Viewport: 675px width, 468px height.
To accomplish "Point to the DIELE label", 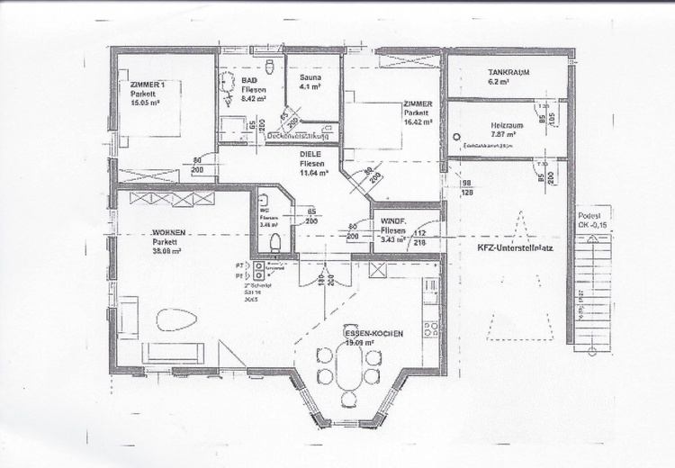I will (x=311, y=154).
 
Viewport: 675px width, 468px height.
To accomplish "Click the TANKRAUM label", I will (x=507, y=71).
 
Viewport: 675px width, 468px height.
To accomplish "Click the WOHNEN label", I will (x=168, y=232).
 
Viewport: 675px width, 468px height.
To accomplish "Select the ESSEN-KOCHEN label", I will (x=373, y=333).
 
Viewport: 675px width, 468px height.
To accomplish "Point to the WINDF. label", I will (x=394, y=220).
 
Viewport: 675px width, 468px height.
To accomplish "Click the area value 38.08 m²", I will (x=168, y=251).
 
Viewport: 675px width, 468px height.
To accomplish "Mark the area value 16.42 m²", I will (x=418, y=121).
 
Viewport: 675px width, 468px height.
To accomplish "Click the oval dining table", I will (x=348, y=368).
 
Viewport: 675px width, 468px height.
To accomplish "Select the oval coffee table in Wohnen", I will (x=175, y=319).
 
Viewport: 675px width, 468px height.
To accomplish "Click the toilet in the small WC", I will (x=275, y=241).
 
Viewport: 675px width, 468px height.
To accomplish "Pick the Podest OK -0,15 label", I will (x=590, y=220).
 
